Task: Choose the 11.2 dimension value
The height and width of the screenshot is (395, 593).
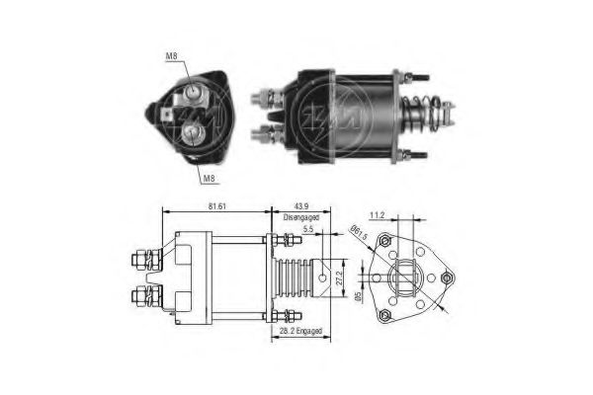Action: coord(377,214)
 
